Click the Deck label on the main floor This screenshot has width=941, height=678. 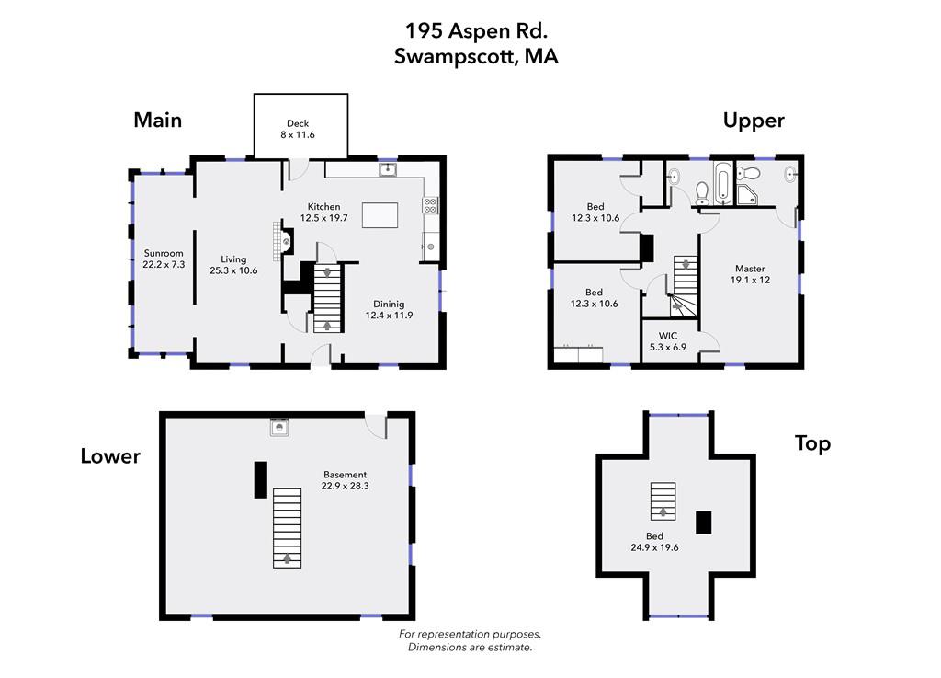[298, 123]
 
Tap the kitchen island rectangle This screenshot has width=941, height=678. [380, 215]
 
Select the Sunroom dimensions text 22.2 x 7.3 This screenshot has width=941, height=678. [164, 264]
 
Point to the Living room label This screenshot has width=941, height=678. [233, 259]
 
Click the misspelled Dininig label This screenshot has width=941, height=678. [389, 304]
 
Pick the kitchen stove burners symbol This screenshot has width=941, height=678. [430, 205]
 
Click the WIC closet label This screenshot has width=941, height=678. [668, 336]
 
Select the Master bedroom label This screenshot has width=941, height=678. [750, 269]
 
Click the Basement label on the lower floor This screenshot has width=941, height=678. [346, 475]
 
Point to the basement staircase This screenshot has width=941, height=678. [288, 528]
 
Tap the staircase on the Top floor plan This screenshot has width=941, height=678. [663, 500]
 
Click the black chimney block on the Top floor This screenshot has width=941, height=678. [703, 523]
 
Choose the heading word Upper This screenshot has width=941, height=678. [754, 121]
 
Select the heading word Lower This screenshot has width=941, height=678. [110, 456]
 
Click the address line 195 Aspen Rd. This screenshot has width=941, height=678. [476, 30]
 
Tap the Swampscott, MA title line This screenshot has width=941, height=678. [476, 56]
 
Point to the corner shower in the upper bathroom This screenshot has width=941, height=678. [746, 195]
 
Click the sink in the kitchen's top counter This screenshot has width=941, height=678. [388, 169]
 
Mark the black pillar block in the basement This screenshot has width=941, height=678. [260, 480]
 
